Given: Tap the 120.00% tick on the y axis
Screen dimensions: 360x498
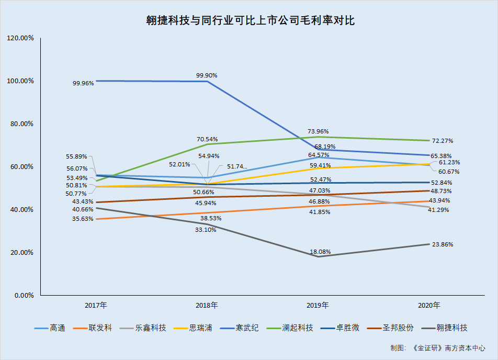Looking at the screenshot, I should click(20, 38).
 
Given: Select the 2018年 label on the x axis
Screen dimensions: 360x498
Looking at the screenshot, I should click(207, 305).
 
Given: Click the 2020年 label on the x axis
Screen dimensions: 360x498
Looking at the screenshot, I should click(429, 305).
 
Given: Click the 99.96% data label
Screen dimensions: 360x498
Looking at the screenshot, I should click(84, 83).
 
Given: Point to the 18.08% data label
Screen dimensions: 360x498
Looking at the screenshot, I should click(320, 252).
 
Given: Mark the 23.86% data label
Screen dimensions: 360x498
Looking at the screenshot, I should click(443, 244).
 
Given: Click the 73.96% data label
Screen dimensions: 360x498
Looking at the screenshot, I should click(319, 131).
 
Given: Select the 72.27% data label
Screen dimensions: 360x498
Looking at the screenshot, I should click(443, 141).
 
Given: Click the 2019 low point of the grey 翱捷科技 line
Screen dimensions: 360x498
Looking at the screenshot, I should click(318, 256).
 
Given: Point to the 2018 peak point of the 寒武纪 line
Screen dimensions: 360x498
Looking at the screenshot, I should click(207, 81).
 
